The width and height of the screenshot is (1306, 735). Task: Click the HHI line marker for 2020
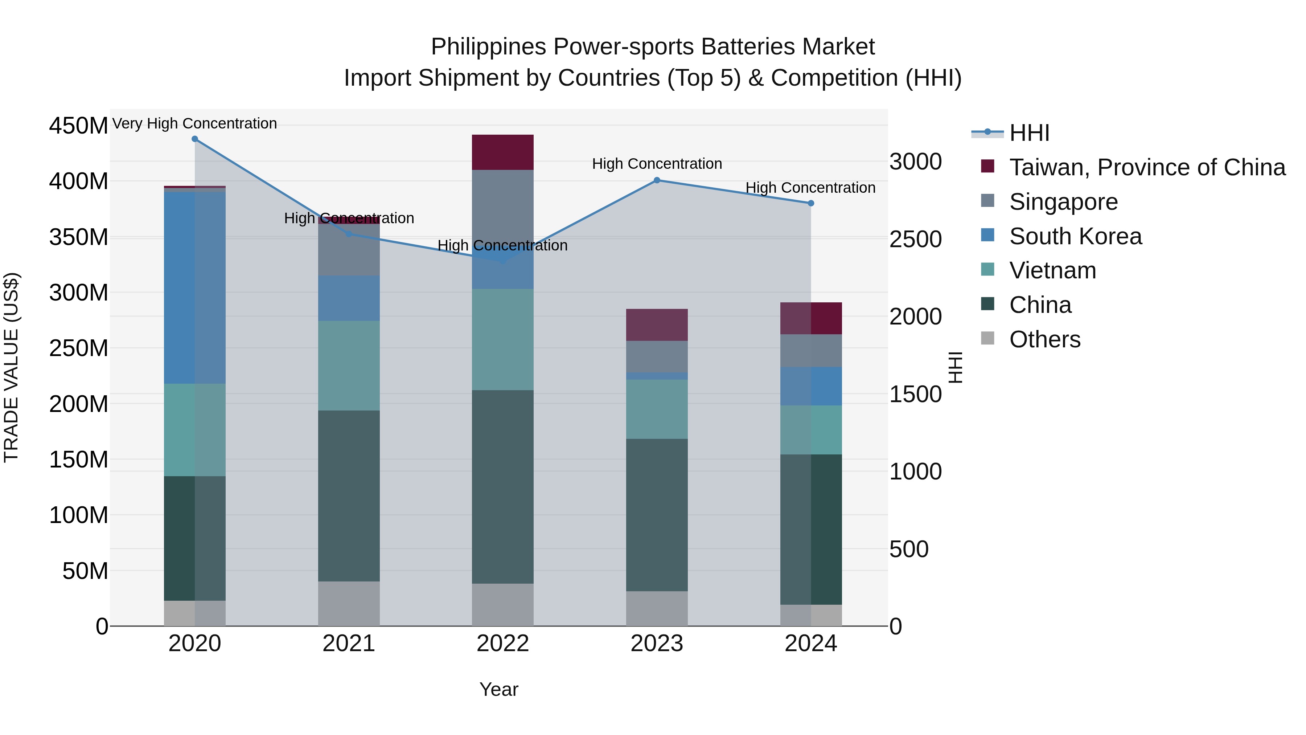(x=195, y=139)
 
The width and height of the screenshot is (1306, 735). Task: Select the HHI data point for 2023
(x=657, y=180)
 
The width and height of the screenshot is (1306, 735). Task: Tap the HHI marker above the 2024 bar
(x=811, y=203)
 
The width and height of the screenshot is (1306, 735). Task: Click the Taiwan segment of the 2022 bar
(x=502, y=152)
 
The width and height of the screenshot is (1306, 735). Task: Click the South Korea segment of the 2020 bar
(x=195, y=287)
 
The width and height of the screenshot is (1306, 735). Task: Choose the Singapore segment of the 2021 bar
(x=349, y=250)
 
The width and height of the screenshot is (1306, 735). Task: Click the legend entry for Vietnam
(x=1052, y=270)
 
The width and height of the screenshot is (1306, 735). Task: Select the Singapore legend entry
(x=1063, y=202)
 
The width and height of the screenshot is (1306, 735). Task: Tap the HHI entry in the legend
(x=1029, y=133)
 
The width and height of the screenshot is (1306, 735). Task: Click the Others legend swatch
(x=987, y=338)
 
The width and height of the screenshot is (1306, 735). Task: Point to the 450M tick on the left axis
(x=79, y=125)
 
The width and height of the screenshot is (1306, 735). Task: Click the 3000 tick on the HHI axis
(x=916, y=162)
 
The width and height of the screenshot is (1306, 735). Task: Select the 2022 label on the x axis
(x=502, y=644)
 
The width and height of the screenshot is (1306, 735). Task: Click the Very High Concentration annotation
(x=195, y=123)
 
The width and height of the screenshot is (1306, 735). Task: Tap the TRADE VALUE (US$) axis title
(x=11, y=367)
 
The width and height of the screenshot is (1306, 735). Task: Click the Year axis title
(x=499, y=689)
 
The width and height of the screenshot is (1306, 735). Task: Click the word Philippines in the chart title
(x=488, y=47)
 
